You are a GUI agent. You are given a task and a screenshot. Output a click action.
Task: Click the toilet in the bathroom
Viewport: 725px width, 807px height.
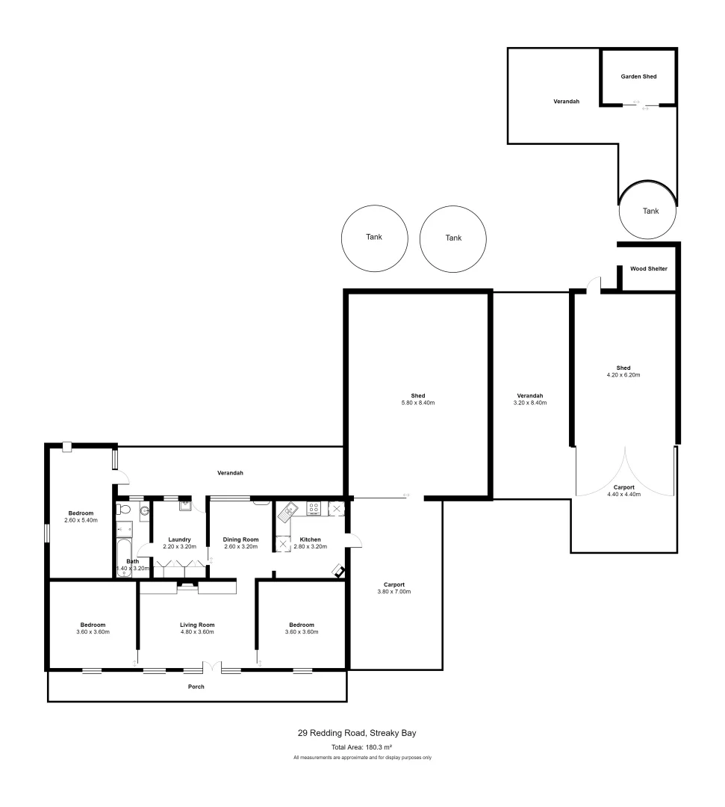click(125, 510)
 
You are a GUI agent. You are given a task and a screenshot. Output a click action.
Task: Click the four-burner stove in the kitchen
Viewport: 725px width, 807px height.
click(314, 510)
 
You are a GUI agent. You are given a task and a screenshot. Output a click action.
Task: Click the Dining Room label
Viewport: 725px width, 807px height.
click(240, 539)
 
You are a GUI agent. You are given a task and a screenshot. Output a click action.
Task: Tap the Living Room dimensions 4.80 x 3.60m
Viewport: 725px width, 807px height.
click(197, 632)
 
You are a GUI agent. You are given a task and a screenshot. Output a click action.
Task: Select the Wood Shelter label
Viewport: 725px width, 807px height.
click(648, 268)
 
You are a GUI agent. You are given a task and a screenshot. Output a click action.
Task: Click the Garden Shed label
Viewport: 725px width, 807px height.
click(638, 76)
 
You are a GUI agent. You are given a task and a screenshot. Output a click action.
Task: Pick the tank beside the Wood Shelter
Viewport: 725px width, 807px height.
click(650, 211)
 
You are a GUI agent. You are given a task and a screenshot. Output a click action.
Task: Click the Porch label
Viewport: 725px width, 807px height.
click(196, 687)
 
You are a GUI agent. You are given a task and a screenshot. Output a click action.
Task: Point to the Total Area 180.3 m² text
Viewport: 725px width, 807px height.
click(362, 747)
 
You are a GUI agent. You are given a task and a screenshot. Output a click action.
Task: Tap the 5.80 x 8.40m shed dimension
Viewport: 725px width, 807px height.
click(417, 403)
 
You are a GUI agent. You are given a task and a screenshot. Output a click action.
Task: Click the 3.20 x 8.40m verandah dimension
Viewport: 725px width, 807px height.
click(529, 403)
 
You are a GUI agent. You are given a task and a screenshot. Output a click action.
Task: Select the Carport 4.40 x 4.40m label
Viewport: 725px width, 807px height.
click(623, 491)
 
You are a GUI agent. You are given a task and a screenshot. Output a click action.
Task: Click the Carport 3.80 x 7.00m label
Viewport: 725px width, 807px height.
click(395, 588)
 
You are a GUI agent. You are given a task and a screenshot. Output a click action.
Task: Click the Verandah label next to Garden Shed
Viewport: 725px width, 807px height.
click(566, 101)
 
